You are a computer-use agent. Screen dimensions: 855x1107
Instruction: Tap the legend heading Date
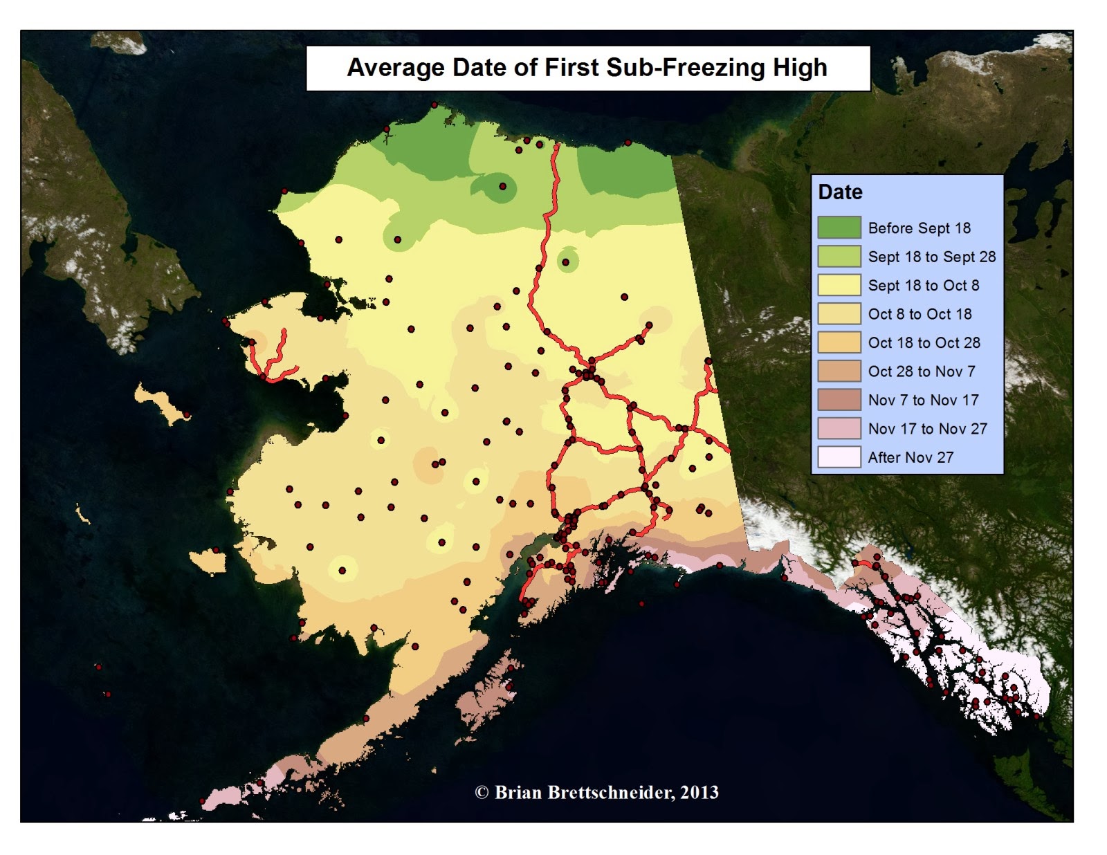tap(840, 192)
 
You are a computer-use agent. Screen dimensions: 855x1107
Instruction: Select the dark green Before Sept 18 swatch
tap(839, 228)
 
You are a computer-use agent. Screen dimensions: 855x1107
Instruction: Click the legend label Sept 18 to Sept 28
tap(931, 257)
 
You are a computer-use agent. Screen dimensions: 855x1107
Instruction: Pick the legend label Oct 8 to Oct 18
tap(920, 314)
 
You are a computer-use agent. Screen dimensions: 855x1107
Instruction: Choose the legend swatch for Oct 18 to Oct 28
tap(839, 342)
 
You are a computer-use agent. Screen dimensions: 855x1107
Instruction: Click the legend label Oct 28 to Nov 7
tap(921, 371)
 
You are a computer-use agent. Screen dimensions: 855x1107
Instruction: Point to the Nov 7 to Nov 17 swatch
tap(839, 400)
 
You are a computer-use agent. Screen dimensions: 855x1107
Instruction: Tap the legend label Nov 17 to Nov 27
tap(927, 429)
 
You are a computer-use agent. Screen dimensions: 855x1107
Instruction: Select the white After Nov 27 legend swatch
tap(839, 457)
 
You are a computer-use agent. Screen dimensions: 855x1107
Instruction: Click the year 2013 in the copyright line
tap(699, 793)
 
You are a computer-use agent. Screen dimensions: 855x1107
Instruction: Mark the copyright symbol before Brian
tap(482, 793)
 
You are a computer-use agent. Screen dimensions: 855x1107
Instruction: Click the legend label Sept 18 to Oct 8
tap(923, 286)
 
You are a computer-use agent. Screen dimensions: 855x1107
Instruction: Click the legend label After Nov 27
tap(911, 457)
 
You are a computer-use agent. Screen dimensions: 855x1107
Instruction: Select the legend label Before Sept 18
tap(919, 228)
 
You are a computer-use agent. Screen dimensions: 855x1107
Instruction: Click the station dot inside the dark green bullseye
tap(503, 187)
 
